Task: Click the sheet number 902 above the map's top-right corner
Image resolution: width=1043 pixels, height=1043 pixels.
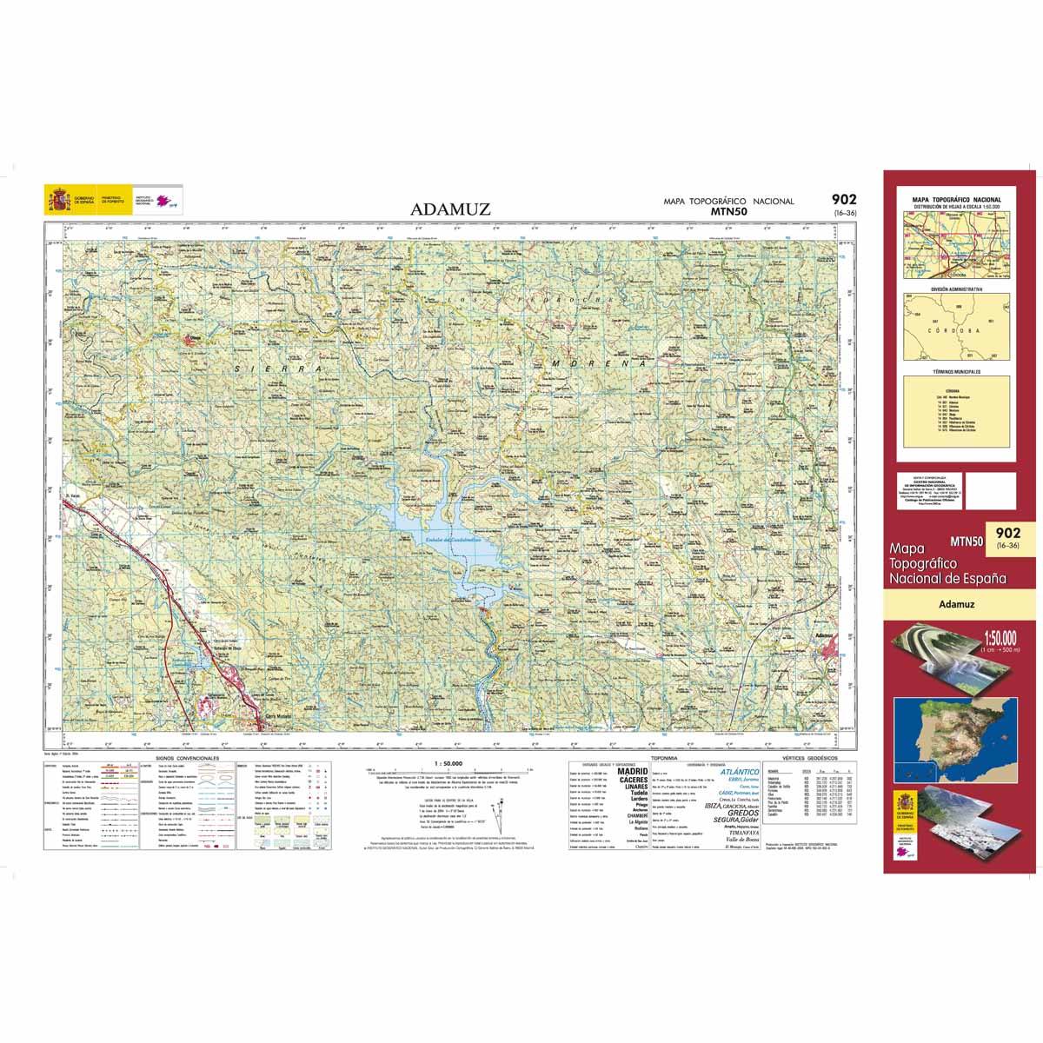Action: click(x=842, y=200)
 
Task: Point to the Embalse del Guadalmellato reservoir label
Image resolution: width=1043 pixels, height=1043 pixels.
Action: click(x=448, y=541)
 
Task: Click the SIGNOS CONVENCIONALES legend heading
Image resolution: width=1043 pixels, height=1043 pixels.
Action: click(x=187, y=758)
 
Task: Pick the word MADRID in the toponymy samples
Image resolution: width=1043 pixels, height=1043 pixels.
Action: click(x=632, y=771)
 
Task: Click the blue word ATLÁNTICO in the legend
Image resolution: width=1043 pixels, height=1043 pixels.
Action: click(x=741, y=772)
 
